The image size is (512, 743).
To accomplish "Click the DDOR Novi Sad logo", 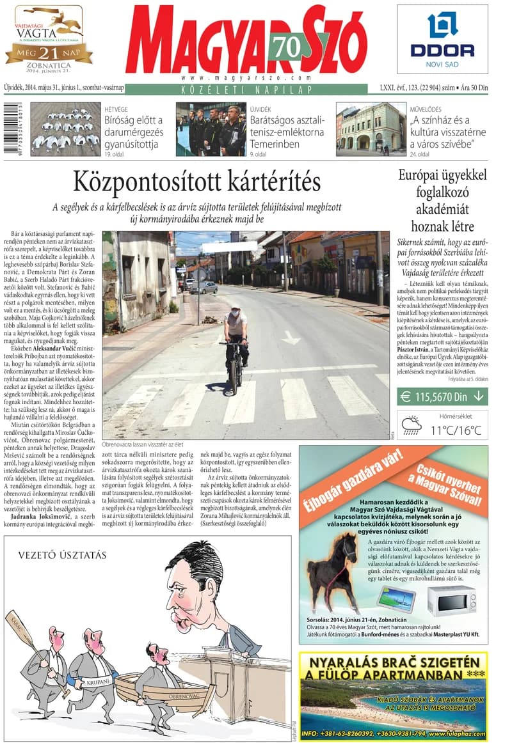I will tap(442, 39).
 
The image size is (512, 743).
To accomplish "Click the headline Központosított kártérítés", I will tap(196, 182).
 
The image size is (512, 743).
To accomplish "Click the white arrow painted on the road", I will tap(291, 337).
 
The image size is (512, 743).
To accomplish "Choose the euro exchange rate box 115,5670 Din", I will tap(442, 397).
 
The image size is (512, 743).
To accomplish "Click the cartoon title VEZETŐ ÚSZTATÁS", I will tap(62, 554).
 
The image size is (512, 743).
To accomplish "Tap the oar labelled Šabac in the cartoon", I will tap(32, 646).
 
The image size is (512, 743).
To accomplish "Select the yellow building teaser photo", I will tap(371, 129).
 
